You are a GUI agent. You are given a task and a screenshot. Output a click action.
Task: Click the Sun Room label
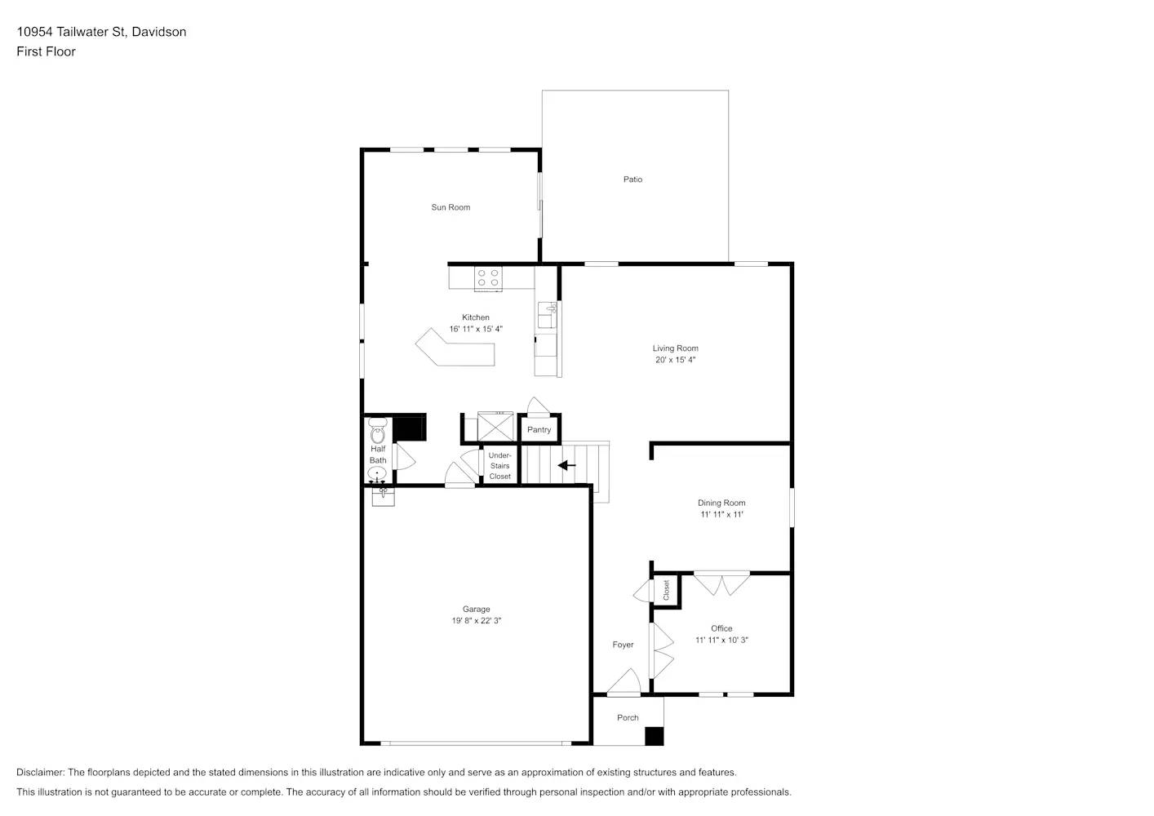pos(451,207)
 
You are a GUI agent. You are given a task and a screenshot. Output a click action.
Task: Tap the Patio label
pos(632,180)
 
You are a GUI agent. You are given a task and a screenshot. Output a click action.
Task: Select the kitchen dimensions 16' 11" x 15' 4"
pos(476,330)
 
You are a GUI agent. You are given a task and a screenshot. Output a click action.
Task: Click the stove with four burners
pos(489,277)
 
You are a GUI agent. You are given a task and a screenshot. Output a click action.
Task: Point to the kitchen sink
pos(547,314)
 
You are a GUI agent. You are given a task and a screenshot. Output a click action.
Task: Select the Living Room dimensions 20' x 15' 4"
pos(675,360)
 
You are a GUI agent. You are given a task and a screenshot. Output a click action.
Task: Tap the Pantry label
pos(539,430)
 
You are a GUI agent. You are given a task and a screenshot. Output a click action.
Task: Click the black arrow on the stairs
pos(566,465)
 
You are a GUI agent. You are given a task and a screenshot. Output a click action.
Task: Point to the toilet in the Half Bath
pos(377,431)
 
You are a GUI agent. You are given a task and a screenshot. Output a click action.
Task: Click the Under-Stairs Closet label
pos(500,466)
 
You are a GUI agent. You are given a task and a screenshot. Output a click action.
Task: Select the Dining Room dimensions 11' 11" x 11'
pos(721,515)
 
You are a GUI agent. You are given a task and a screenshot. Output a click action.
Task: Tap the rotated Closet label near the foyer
pos(666,590)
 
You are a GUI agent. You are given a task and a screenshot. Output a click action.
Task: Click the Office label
pos(721,628)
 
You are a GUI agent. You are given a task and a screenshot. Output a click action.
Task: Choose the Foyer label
pos(623,645)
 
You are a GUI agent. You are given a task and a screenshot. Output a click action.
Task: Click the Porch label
pos(628,718)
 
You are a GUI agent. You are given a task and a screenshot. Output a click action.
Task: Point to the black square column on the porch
pos(654,736)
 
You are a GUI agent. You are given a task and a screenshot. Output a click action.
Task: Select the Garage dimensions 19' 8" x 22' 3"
pos(477,621)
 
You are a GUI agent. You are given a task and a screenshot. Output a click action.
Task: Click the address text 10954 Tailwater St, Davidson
pos(101,32)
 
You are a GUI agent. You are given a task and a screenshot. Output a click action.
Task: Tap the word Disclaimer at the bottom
pos(41,772)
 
